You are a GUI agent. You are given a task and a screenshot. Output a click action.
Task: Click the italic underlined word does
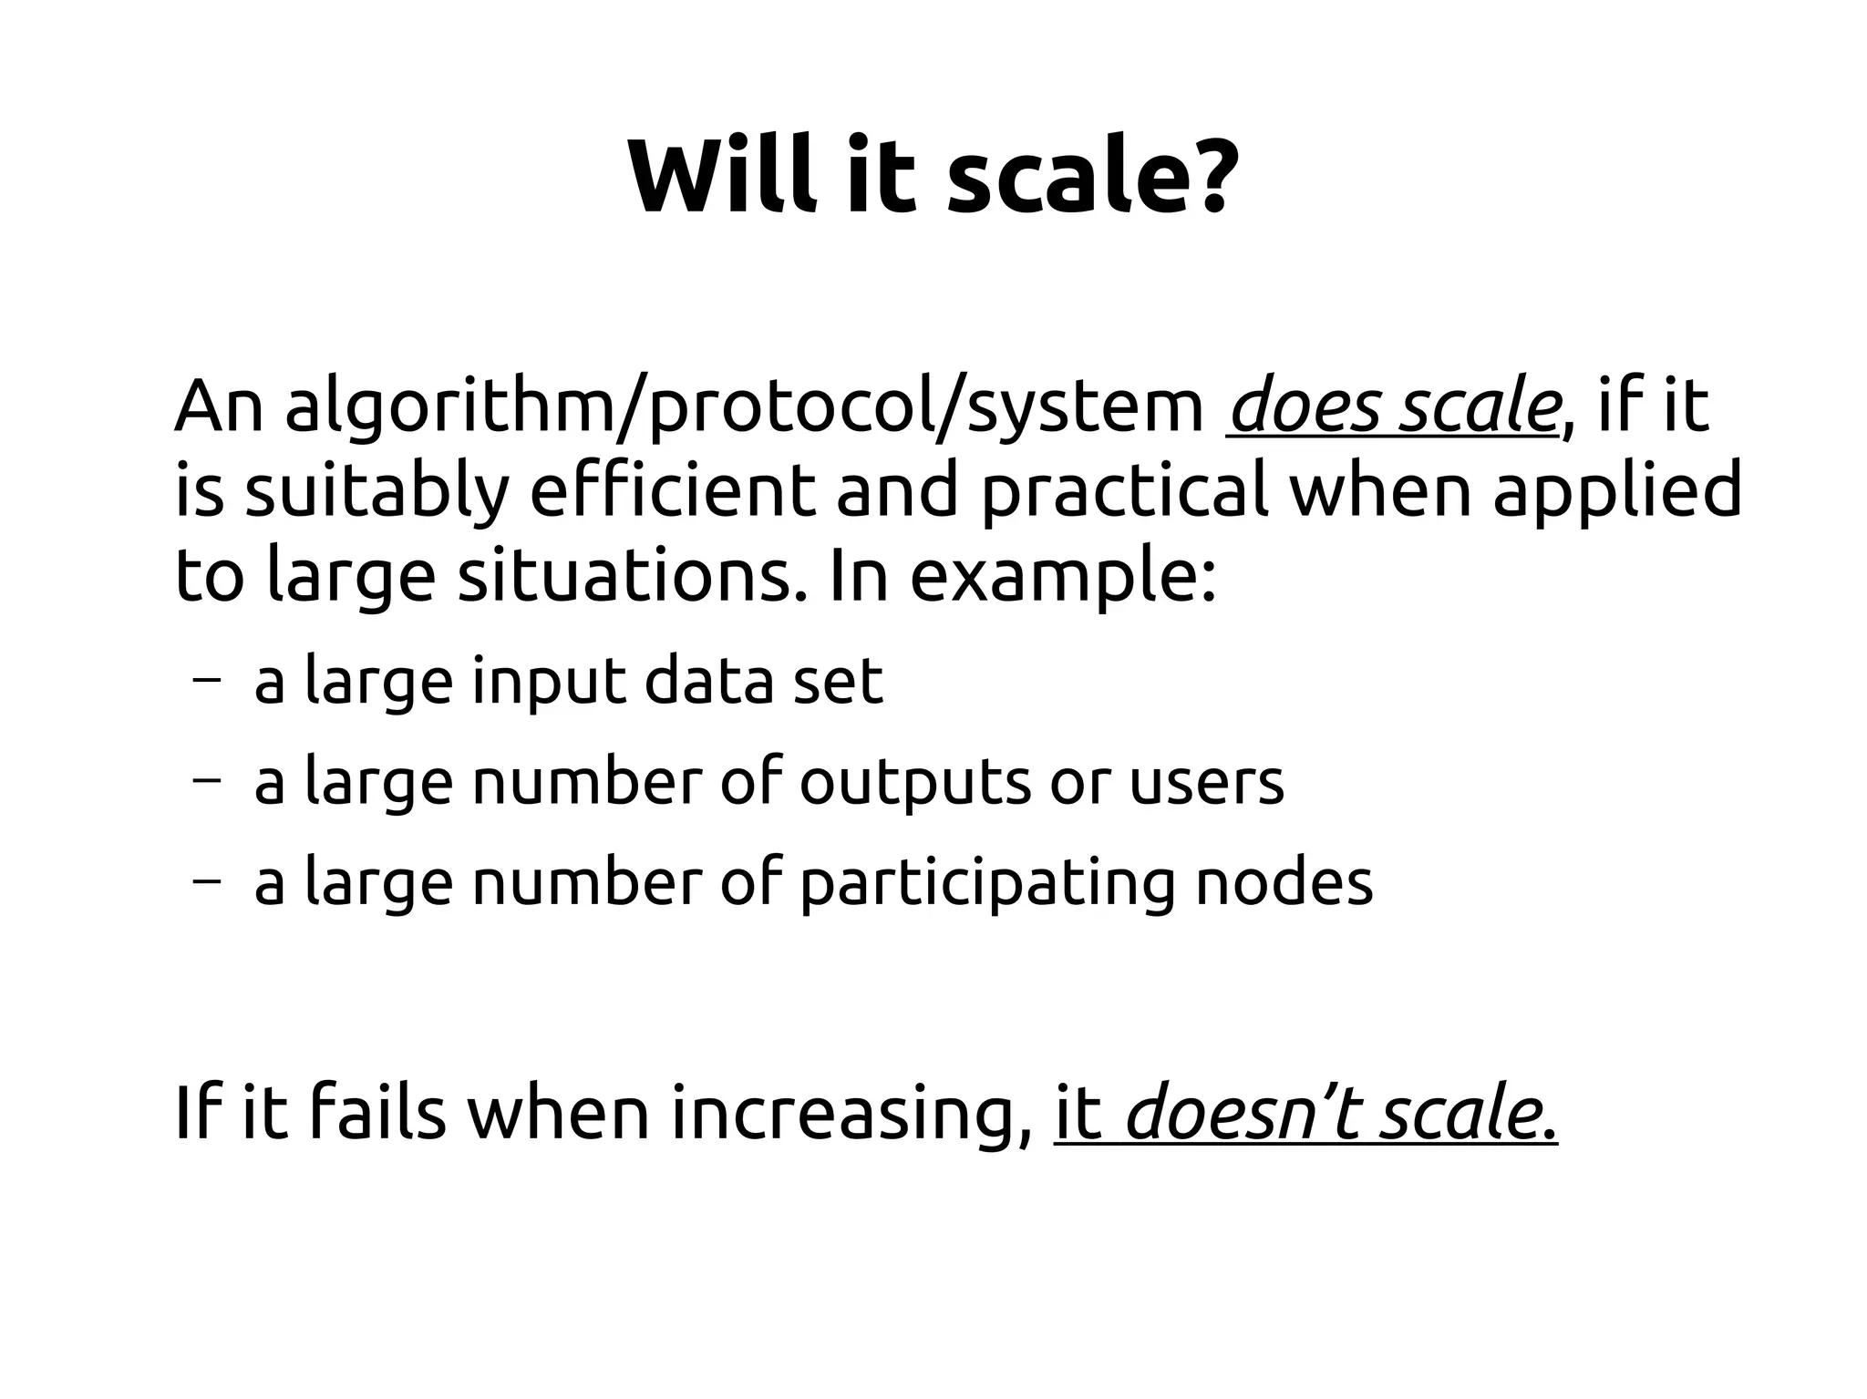[x=1305, y=407]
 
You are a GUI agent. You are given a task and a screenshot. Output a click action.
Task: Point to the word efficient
[x=672, y=491]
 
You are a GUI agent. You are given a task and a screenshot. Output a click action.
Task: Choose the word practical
[x=1124, y=491]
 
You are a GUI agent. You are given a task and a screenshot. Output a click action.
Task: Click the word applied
[x=1616, y=491]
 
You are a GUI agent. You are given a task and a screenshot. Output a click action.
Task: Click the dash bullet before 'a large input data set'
[x=206, y=680]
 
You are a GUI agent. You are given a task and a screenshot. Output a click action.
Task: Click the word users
[x=1206, y=782]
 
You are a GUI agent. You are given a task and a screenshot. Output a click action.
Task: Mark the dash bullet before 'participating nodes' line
[x=206, y=881]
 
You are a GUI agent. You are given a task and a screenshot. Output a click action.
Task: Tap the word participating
[x=987, y=883]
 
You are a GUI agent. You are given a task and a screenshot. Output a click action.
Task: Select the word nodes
[x=1284, y=881]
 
